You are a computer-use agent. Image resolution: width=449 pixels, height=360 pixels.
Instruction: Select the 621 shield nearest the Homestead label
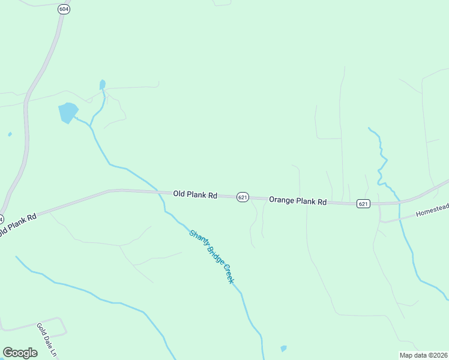point(363,204)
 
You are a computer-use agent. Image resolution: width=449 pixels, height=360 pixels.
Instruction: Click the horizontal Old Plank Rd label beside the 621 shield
point(195,194)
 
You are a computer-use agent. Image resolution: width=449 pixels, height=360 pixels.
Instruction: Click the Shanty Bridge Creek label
point(211,257)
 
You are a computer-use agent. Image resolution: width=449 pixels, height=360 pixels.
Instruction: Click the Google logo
point(20,353)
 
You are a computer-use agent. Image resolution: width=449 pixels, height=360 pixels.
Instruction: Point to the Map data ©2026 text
point(424,355)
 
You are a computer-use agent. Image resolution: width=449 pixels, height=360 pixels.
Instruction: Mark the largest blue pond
point(67,112)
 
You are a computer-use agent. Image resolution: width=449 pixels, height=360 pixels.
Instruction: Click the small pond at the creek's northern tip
point(103,85)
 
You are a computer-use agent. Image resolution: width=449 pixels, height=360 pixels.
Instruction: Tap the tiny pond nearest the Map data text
point(283,348)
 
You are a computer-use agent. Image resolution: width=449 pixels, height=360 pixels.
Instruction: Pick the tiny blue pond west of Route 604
point(10,134)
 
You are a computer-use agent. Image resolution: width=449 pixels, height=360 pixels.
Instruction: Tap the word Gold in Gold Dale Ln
point(41,330)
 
